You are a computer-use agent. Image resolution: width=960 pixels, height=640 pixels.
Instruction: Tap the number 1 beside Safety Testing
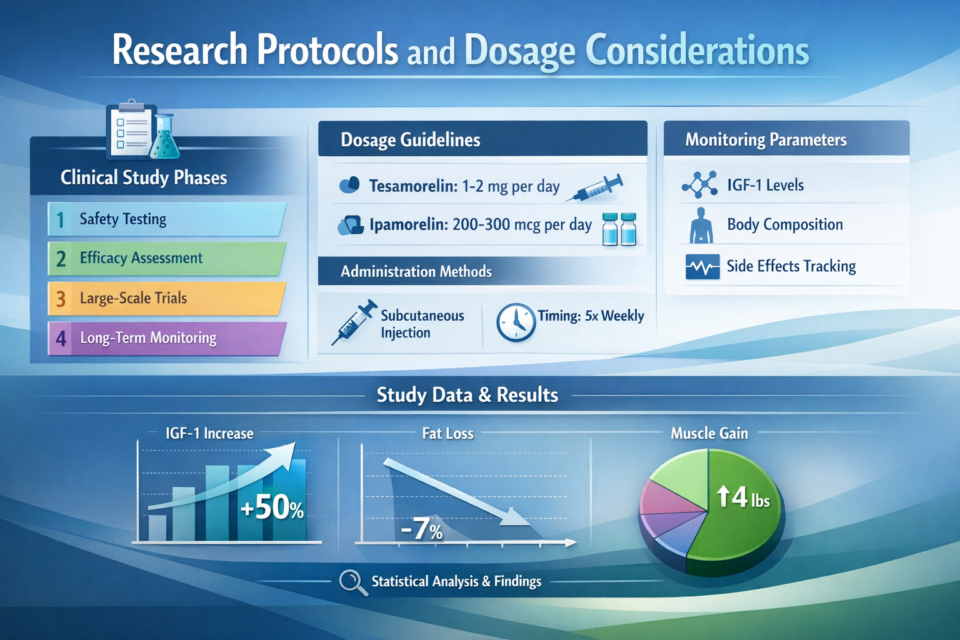pos(61,220)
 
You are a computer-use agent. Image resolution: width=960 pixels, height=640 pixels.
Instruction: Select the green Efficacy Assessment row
pos(166,259)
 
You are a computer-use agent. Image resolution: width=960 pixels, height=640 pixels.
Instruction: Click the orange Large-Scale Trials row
pos(166,299)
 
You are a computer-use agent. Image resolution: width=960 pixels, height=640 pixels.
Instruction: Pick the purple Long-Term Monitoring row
pos(166,338)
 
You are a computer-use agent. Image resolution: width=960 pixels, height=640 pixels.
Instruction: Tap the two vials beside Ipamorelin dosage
pos(619,229)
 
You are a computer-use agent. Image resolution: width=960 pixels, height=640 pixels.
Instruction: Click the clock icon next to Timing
pos(516,322)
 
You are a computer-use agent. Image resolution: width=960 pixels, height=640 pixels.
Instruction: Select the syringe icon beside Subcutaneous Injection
pos(354,322)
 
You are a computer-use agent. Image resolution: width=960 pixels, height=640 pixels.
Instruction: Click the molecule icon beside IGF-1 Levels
pos(699,185)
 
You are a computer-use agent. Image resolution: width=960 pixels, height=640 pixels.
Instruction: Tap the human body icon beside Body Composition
pos(701,226)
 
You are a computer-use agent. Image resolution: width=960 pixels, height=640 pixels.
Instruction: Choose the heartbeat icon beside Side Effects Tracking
pos(702,267)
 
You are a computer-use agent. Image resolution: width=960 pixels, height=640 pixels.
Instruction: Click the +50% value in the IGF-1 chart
pos(272,507)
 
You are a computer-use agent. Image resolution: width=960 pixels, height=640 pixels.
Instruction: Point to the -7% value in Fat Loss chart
pos(422,529)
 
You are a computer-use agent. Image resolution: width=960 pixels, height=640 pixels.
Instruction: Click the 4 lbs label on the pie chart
pos(743,497)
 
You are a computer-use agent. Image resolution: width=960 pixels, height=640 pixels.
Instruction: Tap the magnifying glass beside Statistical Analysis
pos(352,582)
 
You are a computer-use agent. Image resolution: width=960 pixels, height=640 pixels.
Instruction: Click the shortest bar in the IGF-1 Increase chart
pos(157,527)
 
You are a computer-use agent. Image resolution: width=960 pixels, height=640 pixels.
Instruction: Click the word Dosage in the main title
pos(519,51)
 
